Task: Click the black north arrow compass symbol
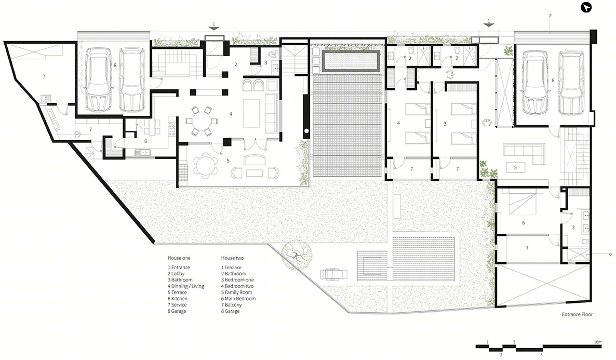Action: pos(586,7)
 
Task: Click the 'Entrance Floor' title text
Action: pos(577,314)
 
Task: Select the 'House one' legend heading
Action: pos(179,258)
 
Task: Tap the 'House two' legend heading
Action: pos(232,258)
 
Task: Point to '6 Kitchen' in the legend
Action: pos(178,299)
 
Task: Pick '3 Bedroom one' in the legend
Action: pos(237,280)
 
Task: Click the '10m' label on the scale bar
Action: pos(597,342)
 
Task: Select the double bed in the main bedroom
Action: pos(522,203)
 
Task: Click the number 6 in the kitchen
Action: pos(146,141)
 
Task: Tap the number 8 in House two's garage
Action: pos(553,80)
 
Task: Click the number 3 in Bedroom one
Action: pos(445,124)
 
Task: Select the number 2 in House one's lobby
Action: pos(236,64)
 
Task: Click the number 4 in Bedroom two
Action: pos(398,123)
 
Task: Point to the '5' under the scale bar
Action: pos(541,355)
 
